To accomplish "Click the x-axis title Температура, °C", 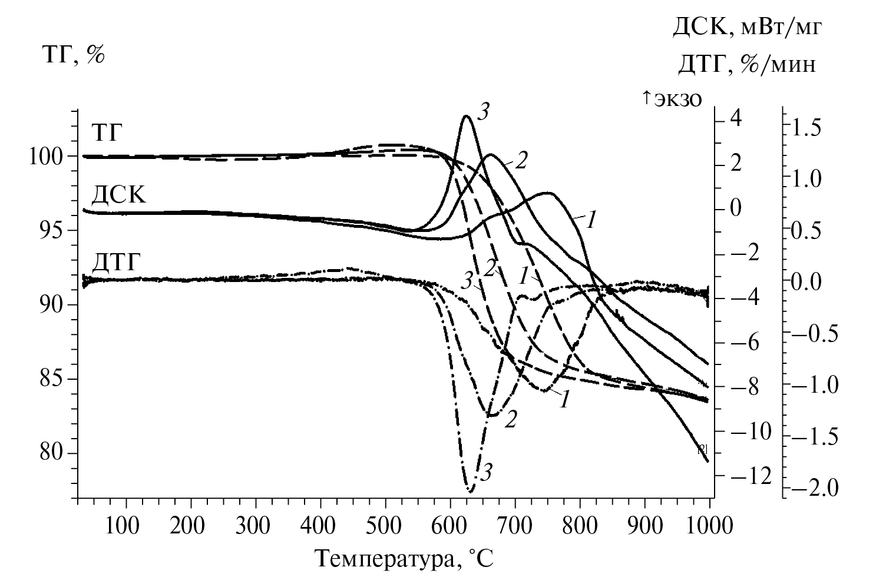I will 403,558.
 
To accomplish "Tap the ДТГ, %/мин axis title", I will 746,64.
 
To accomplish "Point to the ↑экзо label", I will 672,98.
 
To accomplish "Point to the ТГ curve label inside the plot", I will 107,132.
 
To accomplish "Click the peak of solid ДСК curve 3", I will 467,115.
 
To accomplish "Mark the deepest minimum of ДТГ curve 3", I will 470,491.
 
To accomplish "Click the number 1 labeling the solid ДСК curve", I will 592,219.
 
